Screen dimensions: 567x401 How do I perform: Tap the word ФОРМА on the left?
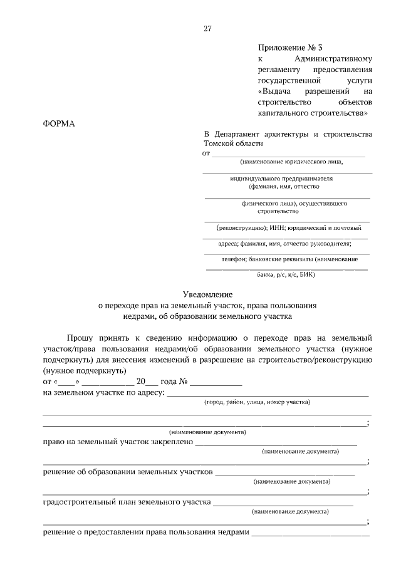58,123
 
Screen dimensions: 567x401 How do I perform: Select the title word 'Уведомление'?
207,294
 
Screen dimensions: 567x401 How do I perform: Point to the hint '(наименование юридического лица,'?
291,162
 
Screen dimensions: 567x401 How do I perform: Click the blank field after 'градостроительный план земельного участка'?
283,502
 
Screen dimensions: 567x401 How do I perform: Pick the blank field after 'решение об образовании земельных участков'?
285,472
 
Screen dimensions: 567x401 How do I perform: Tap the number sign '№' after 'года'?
184,381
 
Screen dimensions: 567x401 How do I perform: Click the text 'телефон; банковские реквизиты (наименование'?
289,259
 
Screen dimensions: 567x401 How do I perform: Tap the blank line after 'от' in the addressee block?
288,153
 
